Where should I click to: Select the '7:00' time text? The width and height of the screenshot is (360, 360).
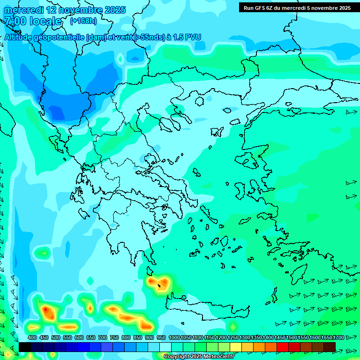[x=15, y=21]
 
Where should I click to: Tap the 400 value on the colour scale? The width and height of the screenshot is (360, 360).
[x=32, y=338]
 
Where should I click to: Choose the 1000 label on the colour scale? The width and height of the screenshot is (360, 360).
[x=174, y=338]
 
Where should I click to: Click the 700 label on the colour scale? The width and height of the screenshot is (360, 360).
[x=102, y=338]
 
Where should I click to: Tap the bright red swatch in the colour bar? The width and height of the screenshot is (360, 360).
[x=283, y=346]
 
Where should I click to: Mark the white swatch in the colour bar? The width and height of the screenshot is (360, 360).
[x=165, y=346]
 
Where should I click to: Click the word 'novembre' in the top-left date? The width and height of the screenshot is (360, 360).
[x=81, y=10]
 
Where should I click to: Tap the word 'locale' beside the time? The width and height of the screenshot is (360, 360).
[x=45, y=21]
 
